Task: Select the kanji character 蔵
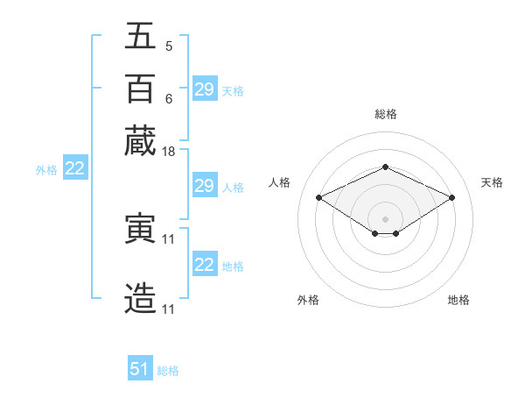click(140, 141)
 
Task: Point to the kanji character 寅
click(140, 230)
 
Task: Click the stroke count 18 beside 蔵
click(170, 152)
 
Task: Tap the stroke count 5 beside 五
click(168, 46)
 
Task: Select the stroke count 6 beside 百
click(168, 98)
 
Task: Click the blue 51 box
click(140, 369)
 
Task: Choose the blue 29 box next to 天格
click(205, 89)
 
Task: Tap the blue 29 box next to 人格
click(205, 186)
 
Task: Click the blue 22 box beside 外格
click(74, 169)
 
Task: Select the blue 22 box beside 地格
click(205, 265)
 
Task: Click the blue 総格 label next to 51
click(168, 371)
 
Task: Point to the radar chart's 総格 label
click(385, 114)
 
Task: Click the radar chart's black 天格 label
click(493, 182)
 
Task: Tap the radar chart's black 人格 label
click(280, 182)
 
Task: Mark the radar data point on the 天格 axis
click(451, 198)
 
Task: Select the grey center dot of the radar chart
click(385, 218)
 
